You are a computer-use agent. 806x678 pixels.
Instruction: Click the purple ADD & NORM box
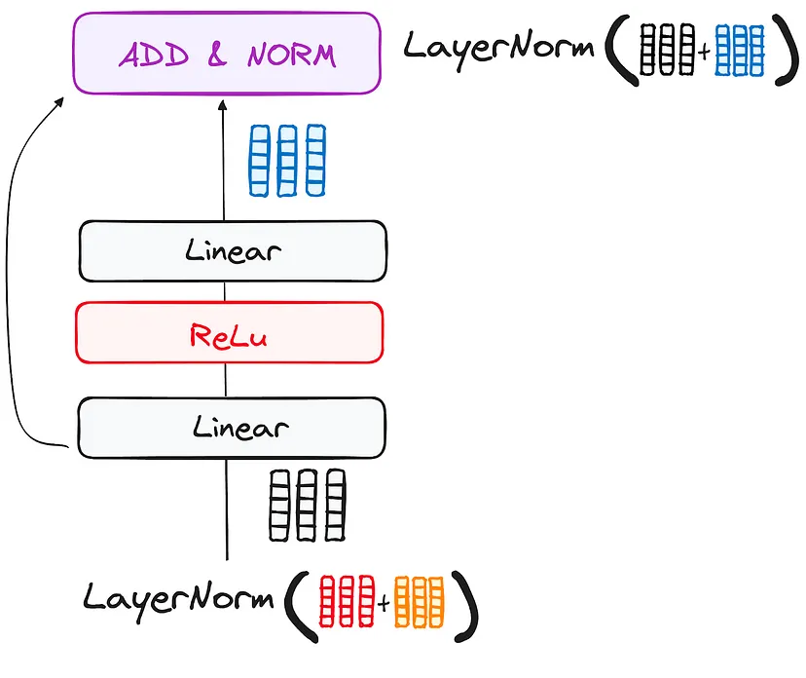(x=226, y=53)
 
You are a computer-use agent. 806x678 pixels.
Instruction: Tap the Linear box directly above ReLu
(x=233, y=251)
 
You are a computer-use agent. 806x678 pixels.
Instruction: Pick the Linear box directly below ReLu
(x=233, y=427)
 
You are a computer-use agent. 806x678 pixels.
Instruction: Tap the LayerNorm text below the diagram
(x=178, y=596)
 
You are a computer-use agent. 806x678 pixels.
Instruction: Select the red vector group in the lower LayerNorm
(x=348, y=602)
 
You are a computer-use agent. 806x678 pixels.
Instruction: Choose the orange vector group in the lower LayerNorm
(x=419, y=603)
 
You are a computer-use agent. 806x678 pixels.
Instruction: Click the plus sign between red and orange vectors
(x=384, y=605)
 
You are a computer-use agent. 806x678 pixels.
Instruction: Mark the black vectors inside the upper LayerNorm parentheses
(x=667, y=50)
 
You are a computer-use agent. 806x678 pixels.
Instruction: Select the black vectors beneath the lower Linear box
(x=307, y=505)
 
